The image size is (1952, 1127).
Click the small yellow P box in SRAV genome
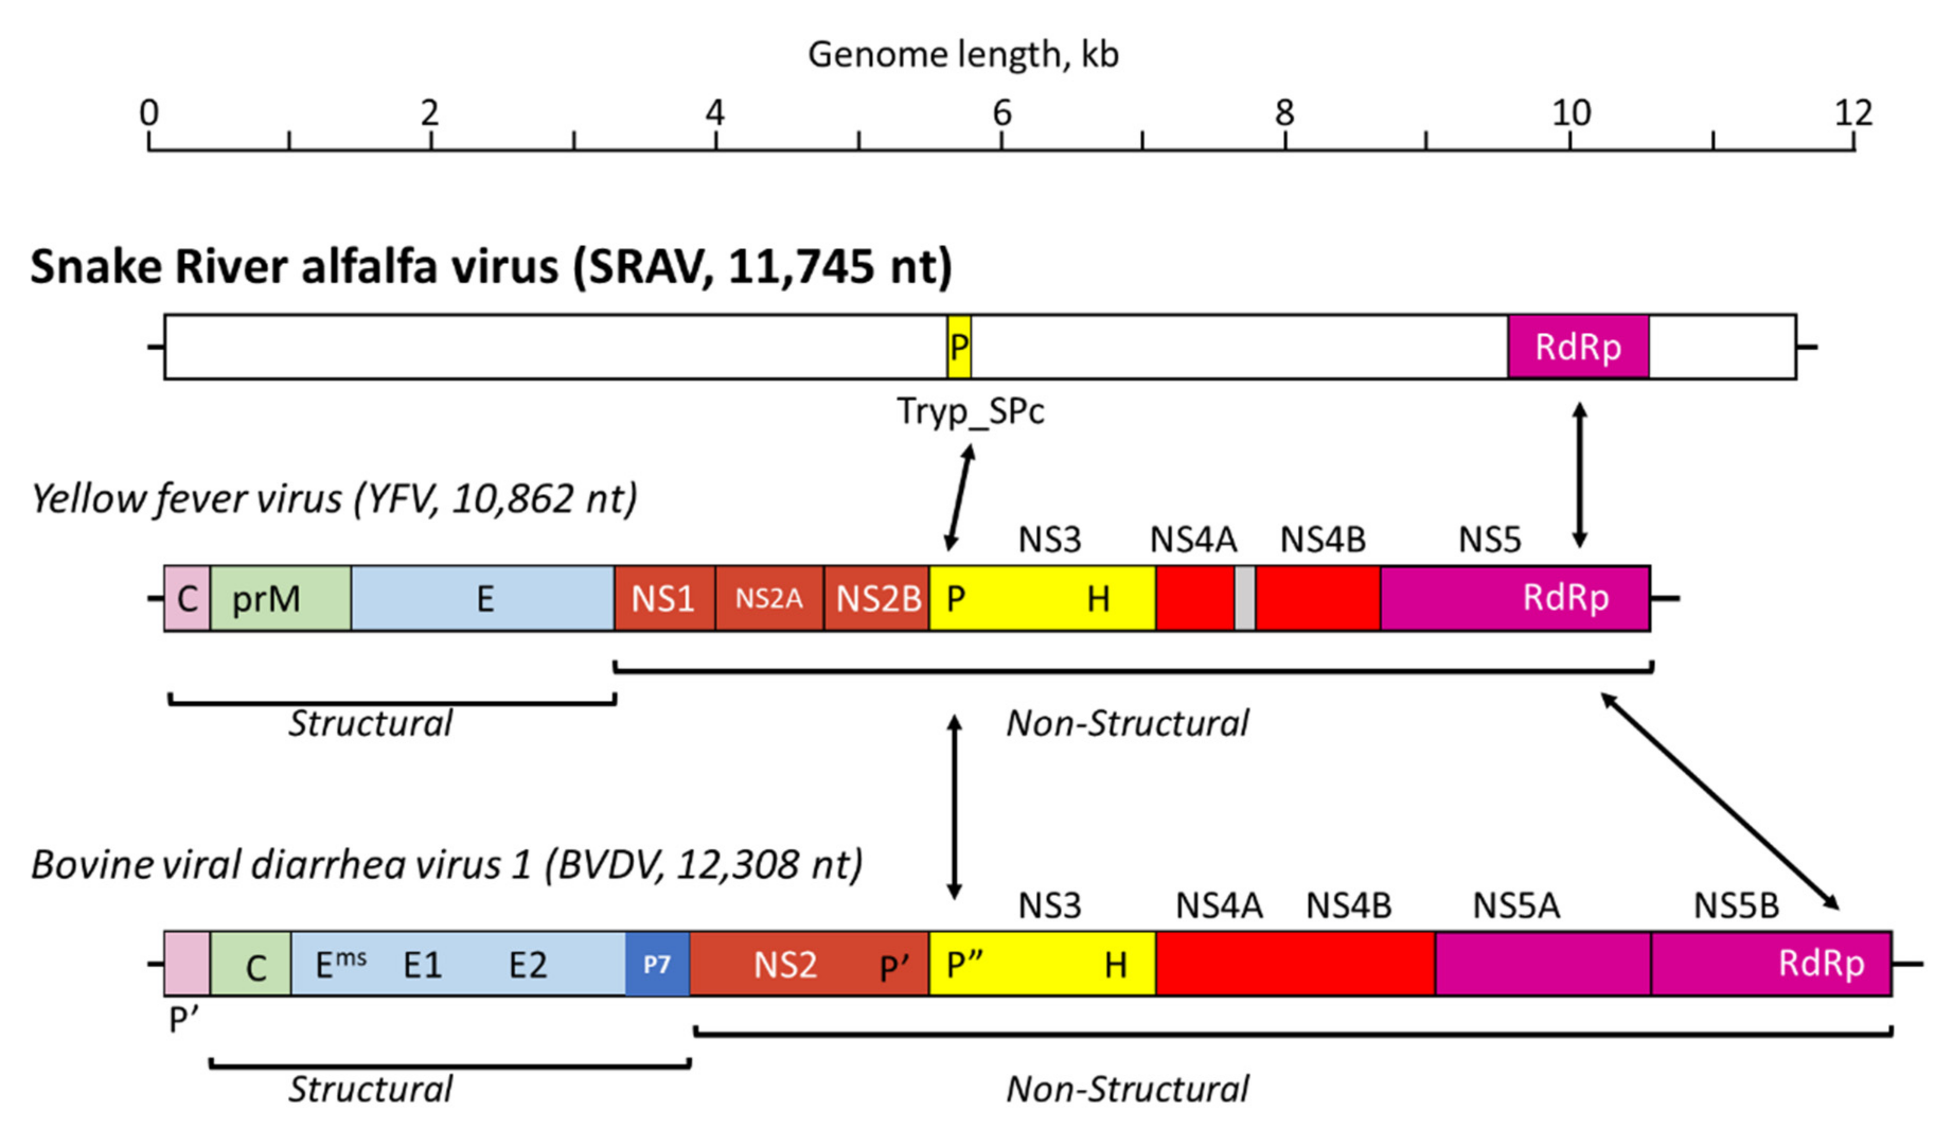959,347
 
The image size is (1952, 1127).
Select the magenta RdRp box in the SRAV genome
1577,347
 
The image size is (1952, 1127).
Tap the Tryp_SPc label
970,411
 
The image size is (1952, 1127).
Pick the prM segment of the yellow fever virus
280,598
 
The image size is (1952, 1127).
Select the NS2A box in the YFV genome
768,598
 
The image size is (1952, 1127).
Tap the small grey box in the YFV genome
1244,598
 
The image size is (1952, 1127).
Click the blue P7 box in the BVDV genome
656,964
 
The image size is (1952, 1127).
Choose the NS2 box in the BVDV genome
786,964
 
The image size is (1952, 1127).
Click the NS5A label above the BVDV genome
1515,906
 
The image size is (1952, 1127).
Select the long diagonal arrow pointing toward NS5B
1719,801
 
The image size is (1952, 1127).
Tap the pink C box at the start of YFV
187,598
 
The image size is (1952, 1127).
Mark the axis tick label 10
1571,114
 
